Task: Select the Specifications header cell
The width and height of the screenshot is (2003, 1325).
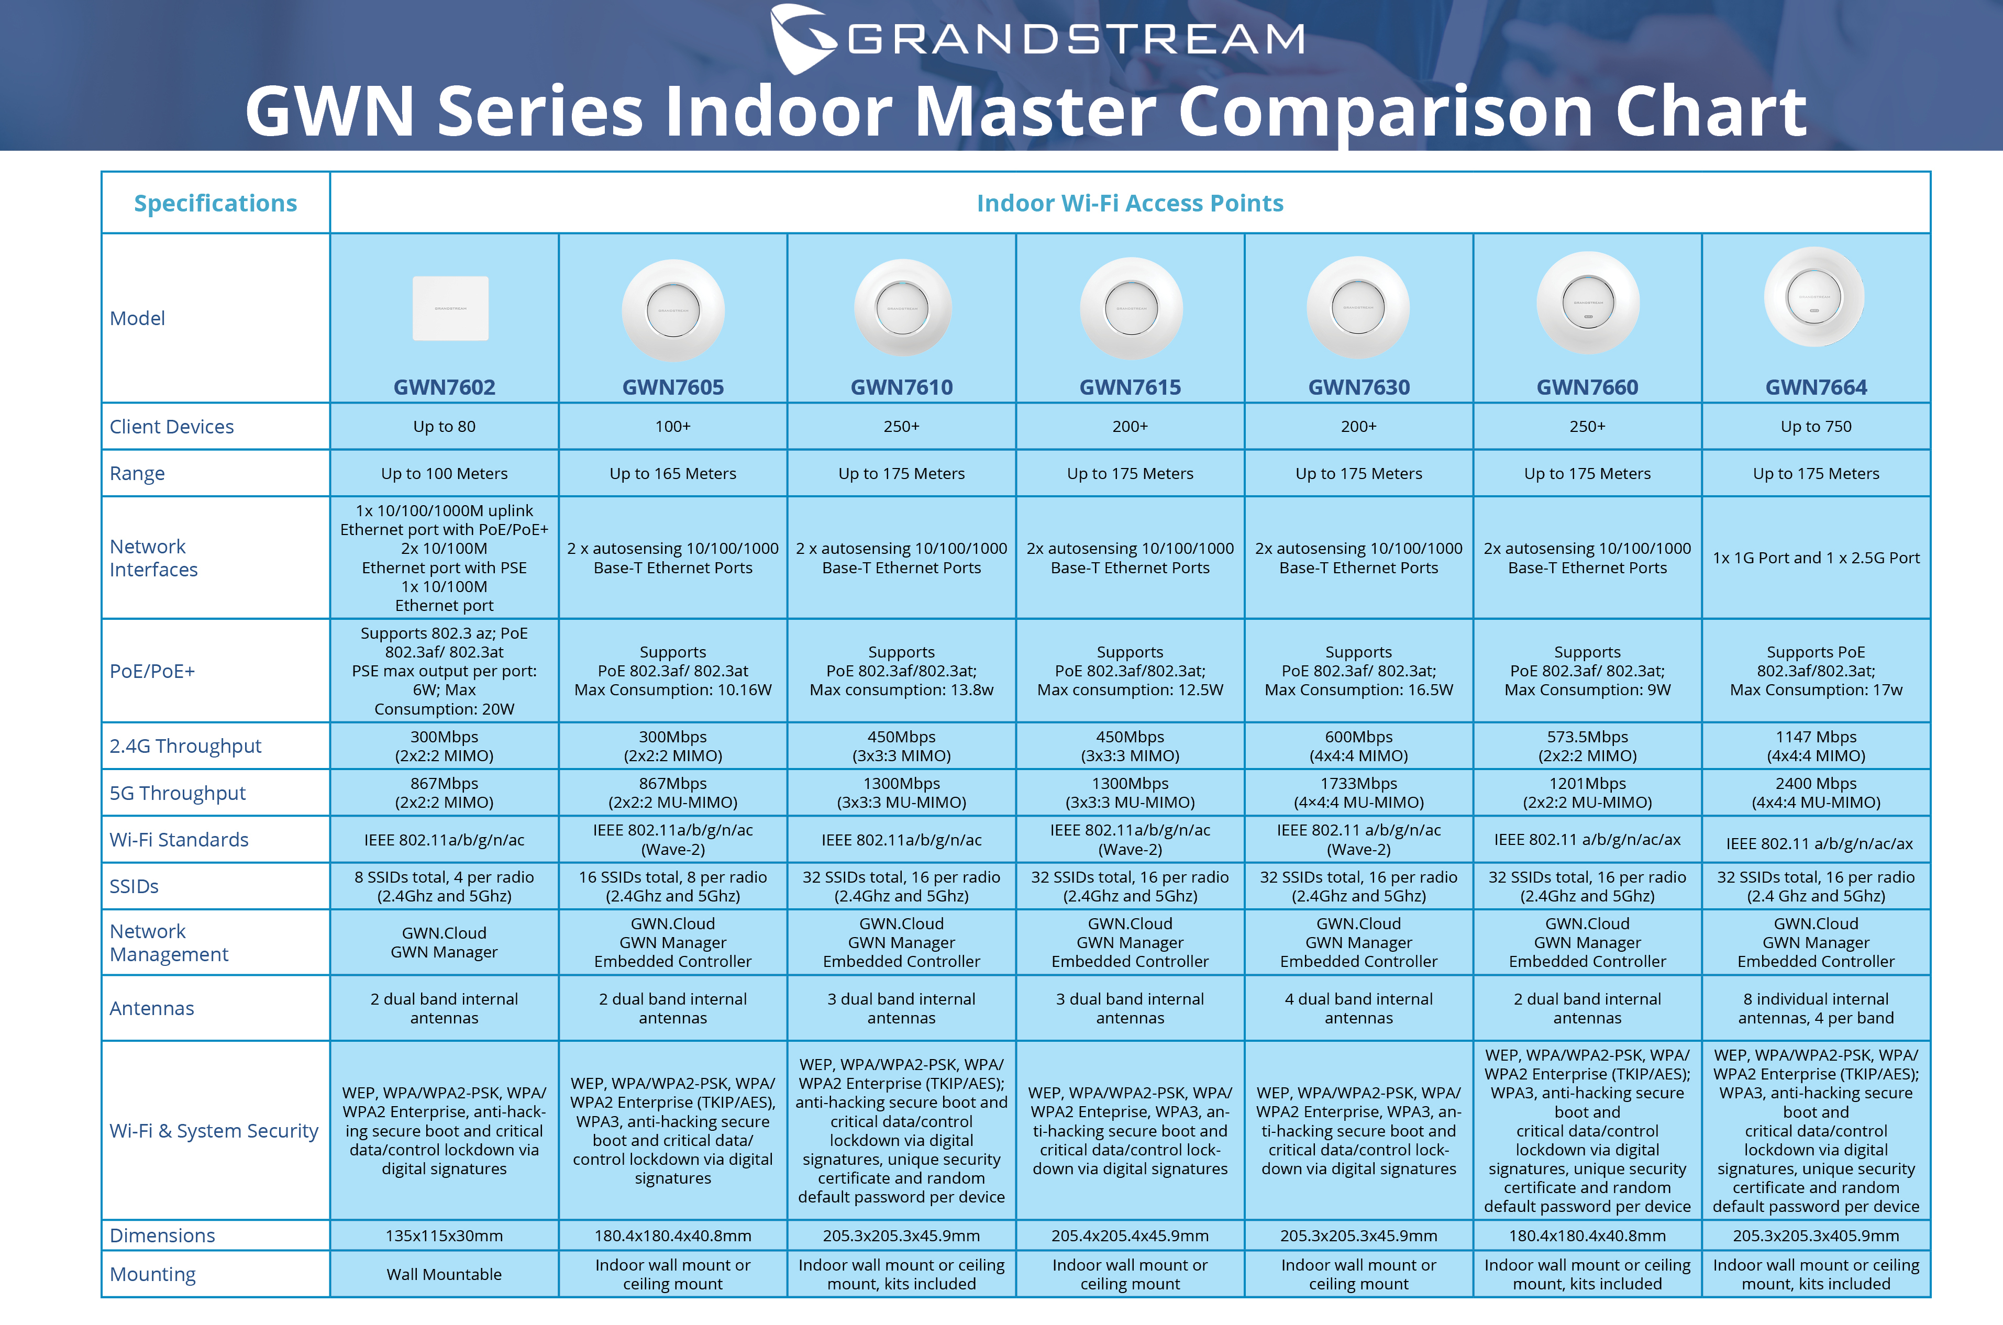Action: coord(216,203)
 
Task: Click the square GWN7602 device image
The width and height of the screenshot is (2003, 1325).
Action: coord(450,308)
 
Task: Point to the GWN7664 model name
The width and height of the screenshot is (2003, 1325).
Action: coord(1816,387)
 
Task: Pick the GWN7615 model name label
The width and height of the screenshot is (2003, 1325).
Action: coord(1130,387)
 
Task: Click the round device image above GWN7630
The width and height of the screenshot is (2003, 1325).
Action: coord(1358,308)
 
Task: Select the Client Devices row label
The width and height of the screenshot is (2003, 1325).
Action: coord(172,427)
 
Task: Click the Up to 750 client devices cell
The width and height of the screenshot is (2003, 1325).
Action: coord(1816,427)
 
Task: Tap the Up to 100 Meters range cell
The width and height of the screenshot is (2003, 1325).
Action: coord(445,473)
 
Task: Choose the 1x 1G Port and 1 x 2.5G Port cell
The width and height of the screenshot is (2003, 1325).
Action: coord(1816,558)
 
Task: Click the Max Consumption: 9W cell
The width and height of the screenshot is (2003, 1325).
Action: coord(1587,671)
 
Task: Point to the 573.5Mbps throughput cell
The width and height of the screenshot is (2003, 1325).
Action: coord(1587,746)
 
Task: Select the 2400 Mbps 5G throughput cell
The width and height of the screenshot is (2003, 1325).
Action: coord(1816,793)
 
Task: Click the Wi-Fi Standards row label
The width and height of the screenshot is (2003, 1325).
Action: coord(179,840)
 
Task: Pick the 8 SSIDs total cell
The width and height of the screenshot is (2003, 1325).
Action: coord(445,886)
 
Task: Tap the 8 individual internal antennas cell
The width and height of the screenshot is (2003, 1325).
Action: coord(1816,1008)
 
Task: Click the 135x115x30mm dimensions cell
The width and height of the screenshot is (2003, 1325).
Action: coord(445,1235)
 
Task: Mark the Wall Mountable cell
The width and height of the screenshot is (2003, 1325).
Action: coord(445,1274)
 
